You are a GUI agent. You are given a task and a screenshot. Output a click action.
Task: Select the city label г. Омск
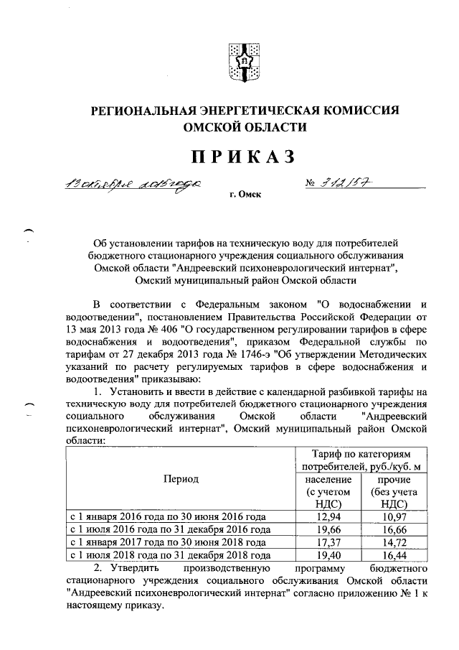tap(242, 195)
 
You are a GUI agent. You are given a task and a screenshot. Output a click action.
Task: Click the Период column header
tap(180, 478)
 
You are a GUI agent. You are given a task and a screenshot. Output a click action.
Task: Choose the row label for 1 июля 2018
tap(169, 555)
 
